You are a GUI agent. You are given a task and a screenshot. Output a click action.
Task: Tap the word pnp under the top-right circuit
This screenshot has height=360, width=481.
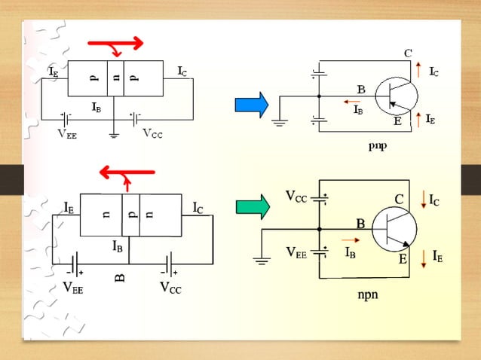(378, 145)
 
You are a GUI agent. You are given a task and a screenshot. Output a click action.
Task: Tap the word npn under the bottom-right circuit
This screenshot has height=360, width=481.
(367, 294)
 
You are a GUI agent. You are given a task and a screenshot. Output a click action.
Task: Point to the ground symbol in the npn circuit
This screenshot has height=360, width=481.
(262, 261)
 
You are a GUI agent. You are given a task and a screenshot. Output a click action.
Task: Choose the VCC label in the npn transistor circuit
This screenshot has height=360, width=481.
(296, 197)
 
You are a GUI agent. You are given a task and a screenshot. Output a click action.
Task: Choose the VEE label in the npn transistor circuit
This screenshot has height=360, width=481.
(296, 253)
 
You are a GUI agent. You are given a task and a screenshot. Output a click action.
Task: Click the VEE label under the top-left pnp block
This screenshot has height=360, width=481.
(67, 135)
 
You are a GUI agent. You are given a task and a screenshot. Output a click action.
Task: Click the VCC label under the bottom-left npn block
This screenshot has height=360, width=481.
(170, 287)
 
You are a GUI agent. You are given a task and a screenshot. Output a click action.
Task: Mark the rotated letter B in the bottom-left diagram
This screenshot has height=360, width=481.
(119, 278)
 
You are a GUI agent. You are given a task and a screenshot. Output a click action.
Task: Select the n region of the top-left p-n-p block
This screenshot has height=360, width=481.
(115, 78)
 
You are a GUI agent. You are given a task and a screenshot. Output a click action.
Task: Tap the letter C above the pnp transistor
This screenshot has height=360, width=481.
(407, 53)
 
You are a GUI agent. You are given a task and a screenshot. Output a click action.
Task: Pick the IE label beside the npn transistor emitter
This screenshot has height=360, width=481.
(437, 256)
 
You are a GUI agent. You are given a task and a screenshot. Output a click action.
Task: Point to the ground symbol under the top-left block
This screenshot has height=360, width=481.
(114, 136)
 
